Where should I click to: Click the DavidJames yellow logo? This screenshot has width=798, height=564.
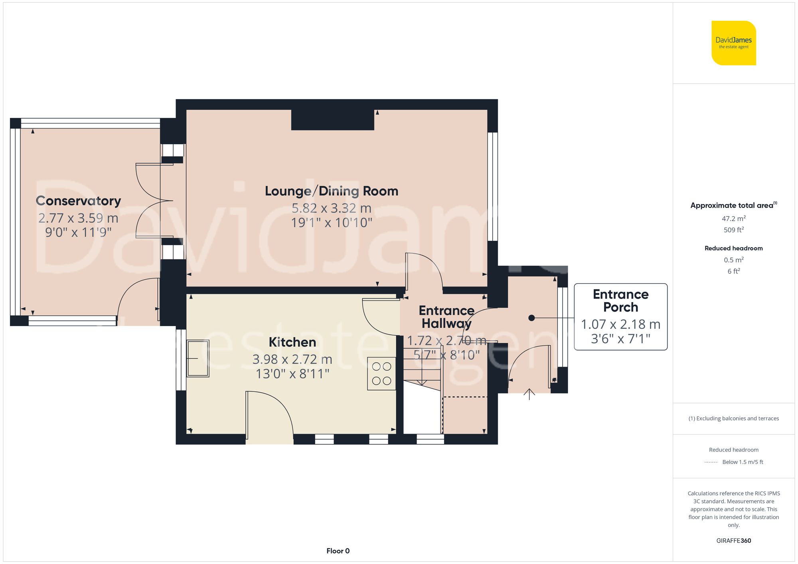pyautogui.click(x=733, y=43)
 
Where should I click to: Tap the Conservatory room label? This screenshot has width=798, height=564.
pyautogui.click(x=78, y=201)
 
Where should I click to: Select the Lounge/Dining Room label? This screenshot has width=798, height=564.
pyautogui.click(x=331, y=191)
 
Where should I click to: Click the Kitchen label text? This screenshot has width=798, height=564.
pyautogui.click(x=292, y=342)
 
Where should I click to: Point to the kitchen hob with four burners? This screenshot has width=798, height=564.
pyautogui.click(x=381, y=373)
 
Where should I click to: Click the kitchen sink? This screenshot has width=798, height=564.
pyautogui.click(x=198, y=358)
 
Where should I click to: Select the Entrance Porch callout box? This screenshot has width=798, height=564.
pyautogui.click(x=620, y=317)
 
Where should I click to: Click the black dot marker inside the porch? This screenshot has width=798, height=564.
pyautogui.click(x=531, y=318)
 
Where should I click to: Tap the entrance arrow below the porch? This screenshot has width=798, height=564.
pyautogui.click(x=529, y=394)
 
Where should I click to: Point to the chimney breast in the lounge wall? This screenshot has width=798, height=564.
pyautogui.click(x=332, y=120)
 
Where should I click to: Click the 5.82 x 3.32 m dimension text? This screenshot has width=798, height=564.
pyautogui.click(x=331, y=208)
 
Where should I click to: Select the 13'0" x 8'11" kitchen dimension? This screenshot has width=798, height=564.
pyautogui.click(x=292, y=374)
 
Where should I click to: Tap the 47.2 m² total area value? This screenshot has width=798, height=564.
pyautogui.click(x=733, y=218)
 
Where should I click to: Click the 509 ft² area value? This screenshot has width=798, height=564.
pyautogui.click(x=733, y=230)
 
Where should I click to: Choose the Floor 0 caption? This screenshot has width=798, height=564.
pyautogui.click(x=338, y=551)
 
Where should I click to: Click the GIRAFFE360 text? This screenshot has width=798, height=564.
pyautogui.click(x=733, y=540)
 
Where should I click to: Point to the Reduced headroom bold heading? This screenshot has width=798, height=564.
pyautogui.click(x=733, y=248)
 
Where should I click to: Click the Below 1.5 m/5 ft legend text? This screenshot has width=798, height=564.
pyautogui.click(x=742, y=462)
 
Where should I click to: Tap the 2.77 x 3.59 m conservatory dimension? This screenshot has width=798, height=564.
pyautogui.click(x=78, y=218)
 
